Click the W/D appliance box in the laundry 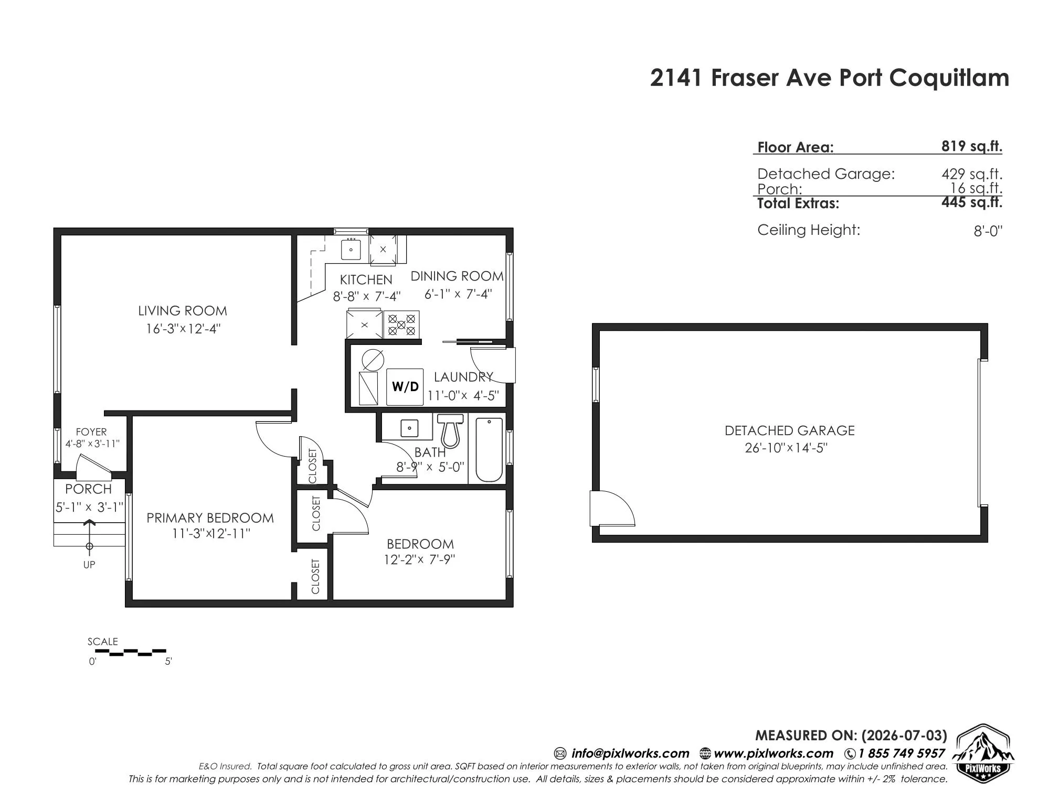(x=405, y=387)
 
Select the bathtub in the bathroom (x=488, y=449)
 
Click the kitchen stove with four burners (x=401, y=324)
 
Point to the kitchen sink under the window (x=351, y=249)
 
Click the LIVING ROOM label (x=183, y=311)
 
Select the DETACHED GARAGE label (x=790, y=430)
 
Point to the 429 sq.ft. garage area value (x=972, y=174)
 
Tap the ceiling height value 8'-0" (x=988, y=231)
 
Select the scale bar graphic (x=131, y=652)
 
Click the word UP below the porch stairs (x=89, y=565)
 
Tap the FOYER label (x=91, y=432)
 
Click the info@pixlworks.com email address (x=630, y=753)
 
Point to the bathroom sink (x=409, y=428)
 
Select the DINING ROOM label (x=457, y=276)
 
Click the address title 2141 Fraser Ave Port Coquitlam (x=830, y=78)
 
